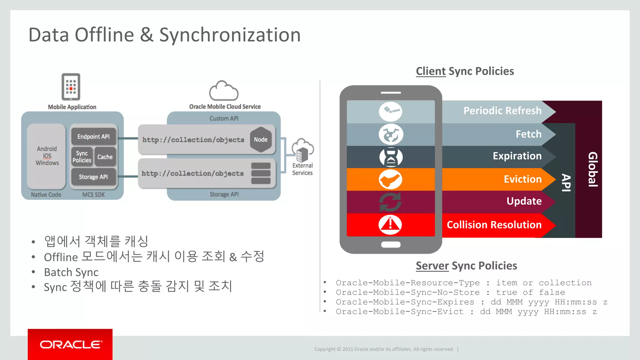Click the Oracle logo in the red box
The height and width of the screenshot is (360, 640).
coord(71,344)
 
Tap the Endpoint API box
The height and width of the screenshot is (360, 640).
coord(93,137)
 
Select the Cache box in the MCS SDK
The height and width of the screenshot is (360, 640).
coord(105,157)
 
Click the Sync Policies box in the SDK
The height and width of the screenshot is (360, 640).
coord(82,157)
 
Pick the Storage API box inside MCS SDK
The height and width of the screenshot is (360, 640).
coord(93,177)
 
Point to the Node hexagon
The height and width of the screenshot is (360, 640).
coord(261,140)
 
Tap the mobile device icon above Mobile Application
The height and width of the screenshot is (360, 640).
coord(71,87)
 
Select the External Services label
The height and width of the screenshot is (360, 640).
coord(302,169)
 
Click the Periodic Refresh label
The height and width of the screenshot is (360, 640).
coord(502,111)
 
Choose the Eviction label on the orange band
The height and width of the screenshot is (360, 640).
coord(522,179)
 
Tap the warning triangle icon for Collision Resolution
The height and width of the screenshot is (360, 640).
coord(390,224)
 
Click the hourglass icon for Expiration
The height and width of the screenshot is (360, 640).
coord(391,157)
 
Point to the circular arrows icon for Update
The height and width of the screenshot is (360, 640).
coord(390,202)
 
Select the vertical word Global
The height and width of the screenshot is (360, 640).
coord(593,169)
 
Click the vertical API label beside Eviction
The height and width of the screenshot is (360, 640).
coord(566,182)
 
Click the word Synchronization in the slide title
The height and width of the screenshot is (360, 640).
coord(230,35)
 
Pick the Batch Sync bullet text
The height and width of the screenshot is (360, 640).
coord(71,272)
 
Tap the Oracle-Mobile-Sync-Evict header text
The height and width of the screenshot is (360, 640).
coord(400,312)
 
